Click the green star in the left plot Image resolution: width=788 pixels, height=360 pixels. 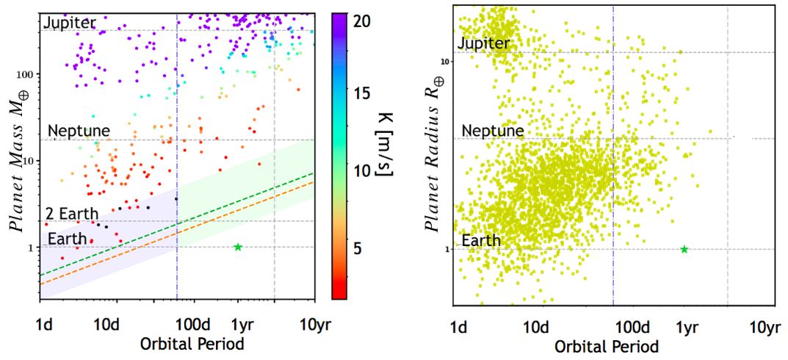tap(237, 247)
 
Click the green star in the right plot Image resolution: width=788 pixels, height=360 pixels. tap(684, 249)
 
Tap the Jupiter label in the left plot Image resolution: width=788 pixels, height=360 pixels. tap(70, 22)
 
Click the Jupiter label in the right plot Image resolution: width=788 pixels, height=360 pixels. tap(483, 43)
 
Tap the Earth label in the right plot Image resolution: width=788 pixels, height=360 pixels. tap(481, 240)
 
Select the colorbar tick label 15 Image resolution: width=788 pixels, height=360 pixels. tap(366, 93)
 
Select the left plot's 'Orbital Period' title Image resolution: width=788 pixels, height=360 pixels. tap(178, 343)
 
